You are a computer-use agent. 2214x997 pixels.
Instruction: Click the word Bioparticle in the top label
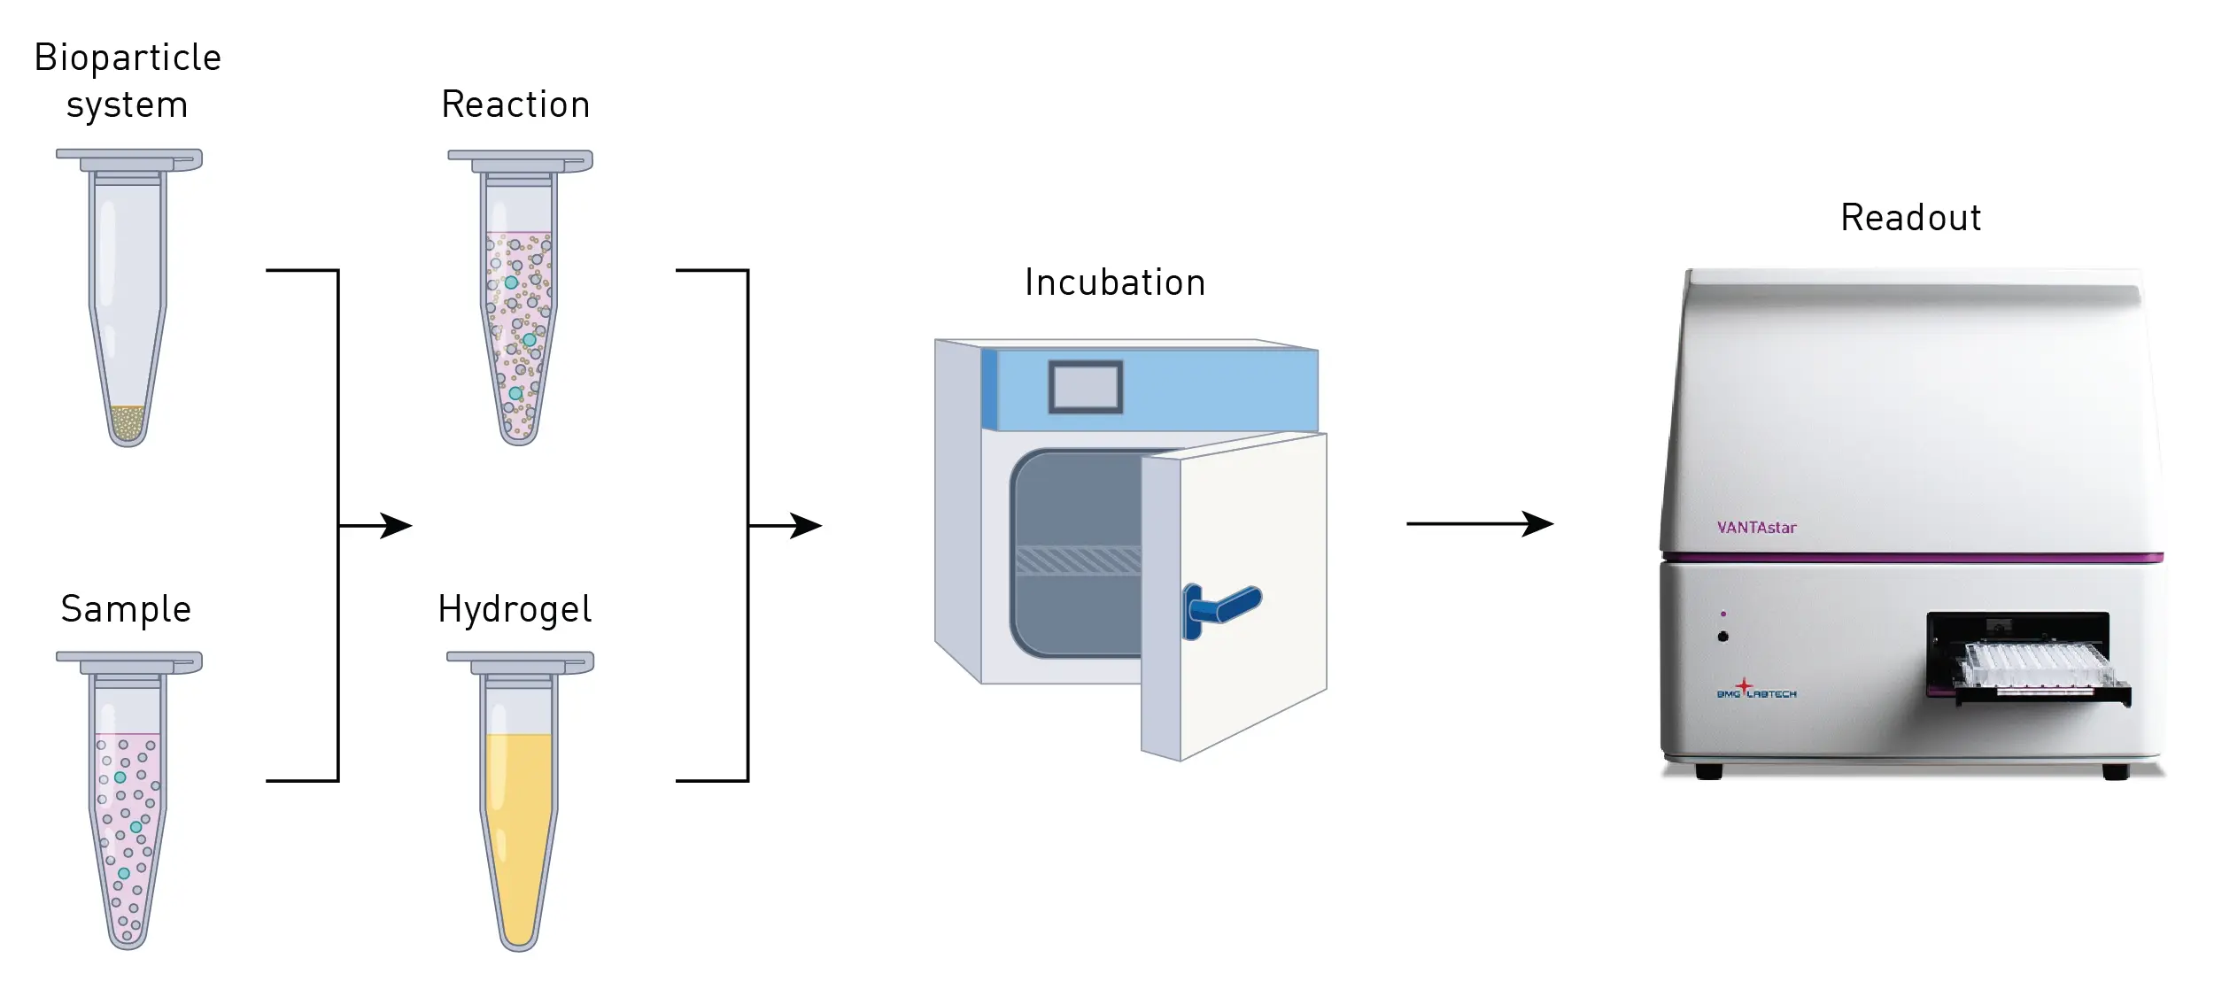(128, 58)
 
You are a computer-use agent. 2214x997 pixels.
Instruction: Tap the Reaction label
(515, 104)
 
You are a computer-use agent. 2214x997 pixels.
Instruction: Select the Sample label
(126, 609)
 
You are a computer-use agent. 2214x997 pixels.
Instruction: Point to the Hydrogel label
(515, 610)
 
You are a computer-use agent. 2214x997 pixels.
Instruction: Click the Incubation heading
(1115, 282)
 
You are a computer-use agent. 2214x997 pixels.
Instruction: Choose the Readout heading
(1911, 218)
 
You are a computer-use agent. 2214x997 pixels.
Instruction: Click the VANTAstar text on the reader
(1757, 528)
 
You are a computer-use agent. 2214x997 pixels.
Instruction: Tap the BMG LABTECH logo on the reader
(1757, 690)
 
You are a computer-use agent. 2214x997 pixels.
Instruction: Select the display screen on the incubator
(1086, 387)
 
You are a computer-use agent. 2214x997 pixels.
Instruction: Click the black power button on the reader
(1722, 637)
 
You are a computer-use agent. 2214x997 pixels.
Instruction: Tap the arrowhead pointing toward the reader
(1537, 523)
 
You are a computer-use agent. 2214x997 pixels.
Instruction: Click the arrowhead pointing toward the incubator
(806, 526)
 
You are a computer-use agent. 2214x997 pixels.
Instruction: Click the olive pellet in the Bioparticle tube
(128, 423)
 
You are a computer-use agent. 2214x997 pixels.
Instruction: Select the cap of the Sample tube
(129, 663)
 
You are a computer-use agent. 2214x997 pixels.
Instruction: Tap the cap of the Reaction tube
(521, 161)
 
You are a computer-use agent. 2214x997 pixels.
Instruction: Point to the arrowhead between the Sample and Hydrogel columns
(396, 526)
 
